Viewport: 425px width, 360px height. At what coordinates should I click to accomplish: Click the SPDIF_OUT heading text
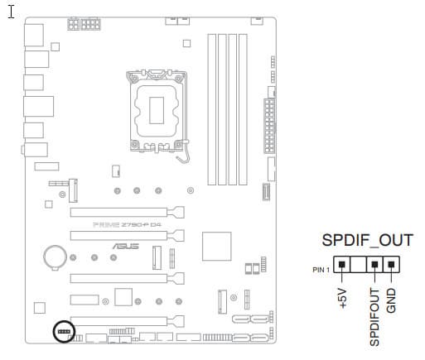(x=367, y=240)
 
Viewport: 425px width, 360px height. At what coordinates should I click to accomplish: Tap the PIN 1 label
(x=321, y=270)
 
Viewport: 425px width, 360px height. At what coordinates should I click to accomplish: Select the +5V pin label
(x=342, y=298)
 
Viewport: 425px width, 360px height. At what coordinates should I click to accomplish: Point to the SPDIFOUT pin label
(x=374, y=317)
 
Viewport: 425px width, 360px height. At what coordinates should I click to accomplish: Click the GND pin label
(x=391, y=300)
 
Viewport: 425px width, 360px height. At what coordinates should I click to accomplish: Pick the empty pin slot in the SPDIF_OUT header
(x=358, y=264)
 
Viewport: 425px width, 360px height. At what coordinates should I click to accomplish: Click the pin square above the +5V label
(x=342, y=264)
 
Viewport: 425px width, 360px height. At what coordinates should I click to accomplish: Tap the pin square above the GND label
(x=391, y=264)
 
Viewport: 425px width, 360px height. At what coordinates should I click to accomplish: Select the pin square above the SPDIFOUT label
(x=374, y=264)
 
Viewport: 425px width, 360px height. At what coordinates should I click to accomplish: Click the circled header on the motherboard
(x=64, y=331)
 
